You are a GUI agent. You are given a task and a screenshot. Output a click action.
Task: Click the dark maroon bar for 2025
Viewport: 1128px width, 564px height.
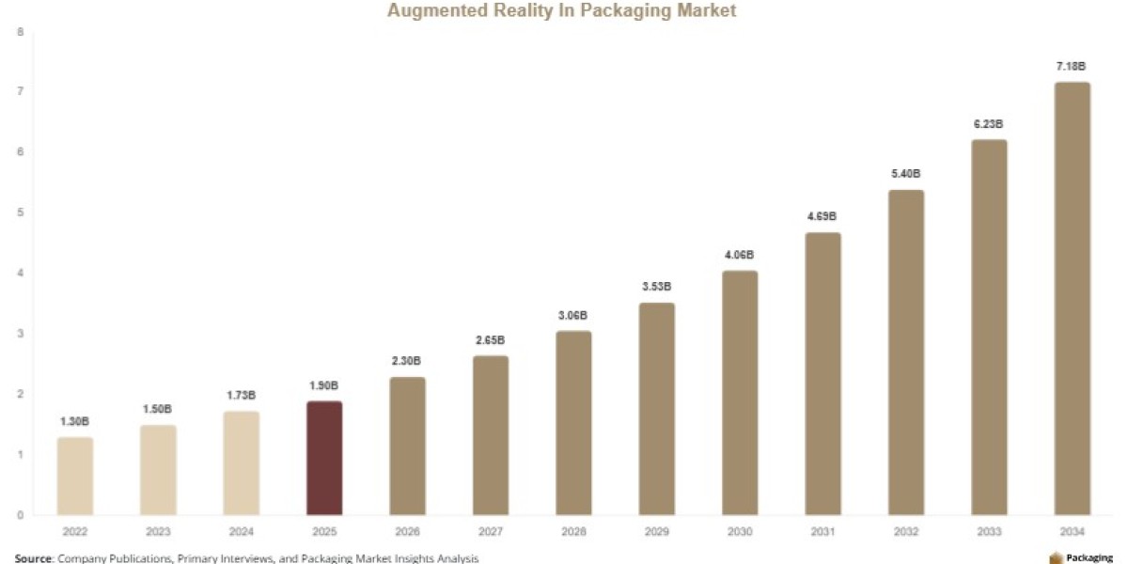coord(324,458)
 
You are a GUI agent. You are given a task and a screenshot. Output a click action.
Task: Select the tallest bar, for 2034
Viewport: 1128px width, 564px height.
coord(1073,299)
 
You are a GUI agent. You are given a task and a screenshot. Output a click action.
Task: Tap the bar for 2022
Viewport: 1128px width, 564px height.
coord(75,476)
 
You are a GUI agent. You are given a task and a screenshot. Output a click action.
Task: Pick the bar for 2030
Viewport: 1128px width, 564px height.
coord(740,393)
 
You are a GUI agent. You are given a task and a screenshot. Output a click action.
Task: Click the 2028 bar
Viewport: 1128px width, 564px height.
coord(573,423)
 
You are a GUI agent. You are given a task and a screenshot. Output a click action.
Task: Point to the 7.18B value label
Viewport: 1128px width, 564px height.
coord(1071,66)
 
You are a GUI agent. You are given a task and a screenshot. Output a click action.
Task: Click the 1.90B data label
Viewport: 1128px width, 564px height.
coord(323,385)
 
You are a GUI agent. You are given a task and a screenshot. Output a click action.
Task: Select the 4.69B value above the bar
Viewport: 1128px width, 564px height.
coord(822,216)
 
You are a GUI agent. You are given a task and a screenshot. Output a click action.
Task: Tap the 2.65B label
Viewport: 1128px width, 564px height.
coord(490,340)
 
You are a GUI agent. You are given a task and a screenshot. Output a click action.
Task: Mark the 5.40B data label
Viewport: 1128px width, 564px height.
coord(905,173)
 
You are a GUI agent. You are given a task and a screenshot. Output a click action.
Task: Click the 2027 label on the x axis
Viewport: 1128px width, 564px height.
coord(491,531)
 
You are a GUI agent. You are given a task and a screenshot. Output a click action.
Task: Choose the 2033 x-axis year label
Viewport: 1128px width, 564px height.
coord(989,531)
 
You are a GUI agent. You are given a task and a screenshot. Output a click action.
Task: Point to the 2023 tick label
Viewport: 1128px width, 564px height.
coord(158,531)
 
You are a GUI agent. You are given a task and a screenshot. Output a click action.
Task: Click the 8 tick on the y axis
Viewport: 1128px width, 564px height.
coord(20,32)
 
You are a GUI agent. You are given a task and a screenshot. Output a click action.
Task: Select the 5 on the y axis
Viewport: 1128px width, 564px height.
coord(20,212)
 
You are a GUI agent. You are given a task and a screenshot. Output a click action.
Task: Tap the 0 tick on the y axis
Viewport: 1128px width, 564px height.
coord(20,515)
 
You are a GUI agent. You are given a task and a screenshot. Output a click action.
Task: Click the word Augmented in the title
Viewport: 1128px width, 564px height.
coord(438,10)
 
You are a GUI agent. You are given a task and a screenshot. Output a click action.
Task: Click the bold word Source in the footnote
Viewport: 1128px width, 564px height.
coord(33,558)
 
